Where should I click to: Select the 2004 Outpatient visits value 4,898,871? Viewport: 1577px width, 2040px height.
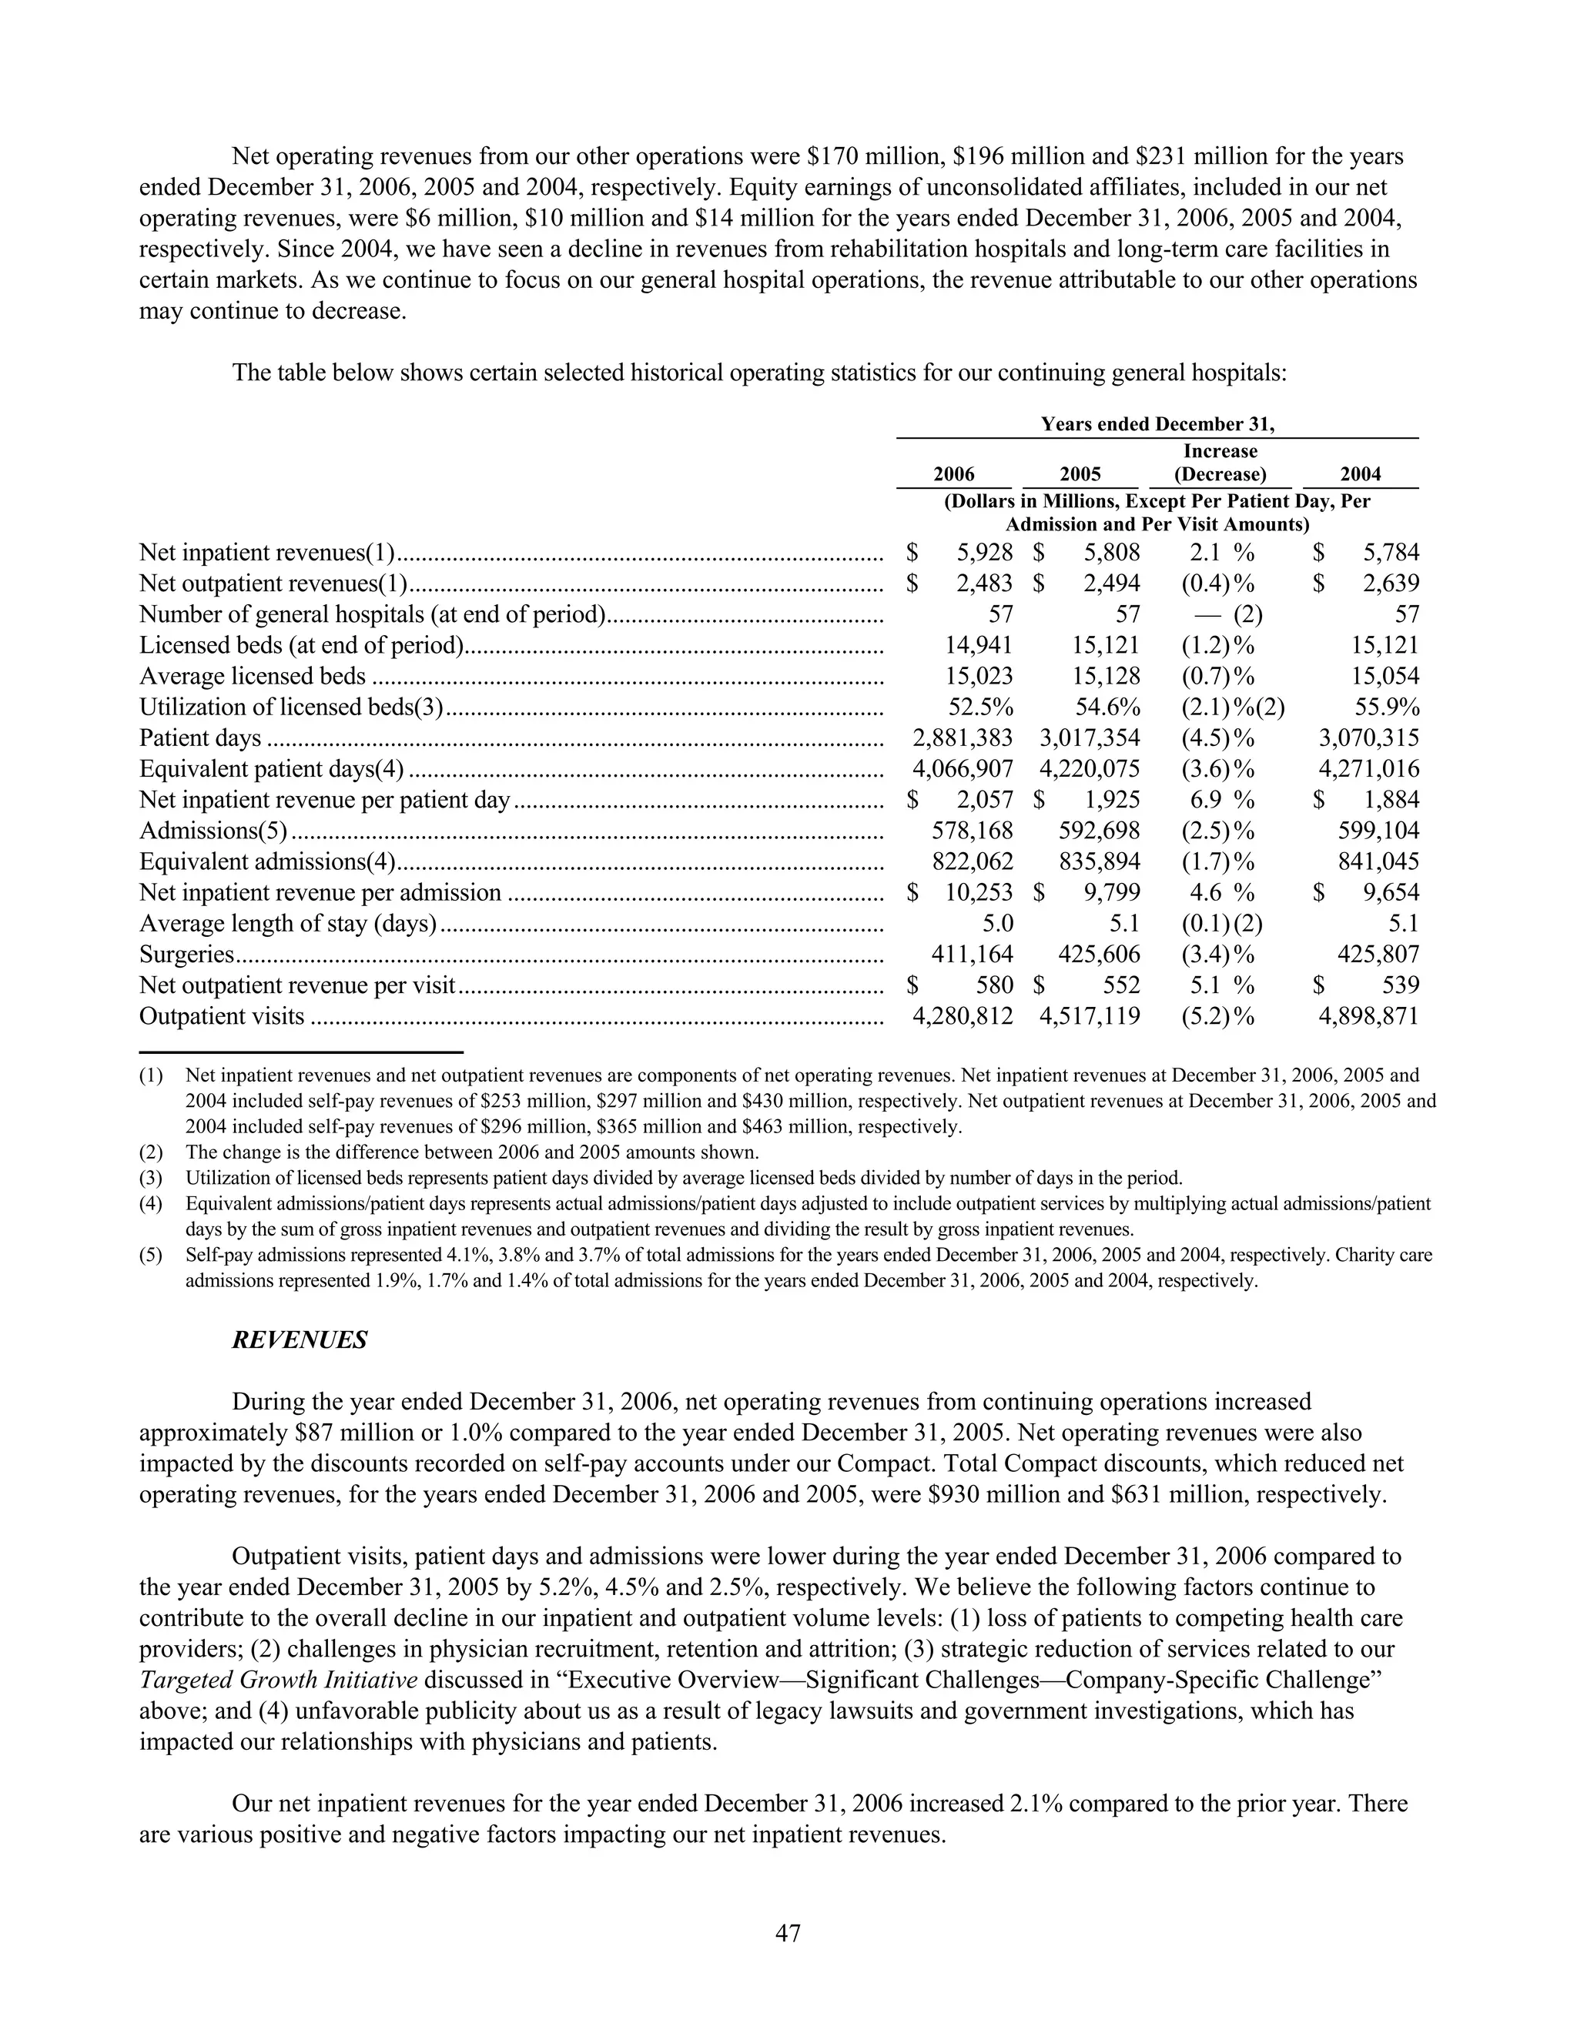[x=1368, y=1016]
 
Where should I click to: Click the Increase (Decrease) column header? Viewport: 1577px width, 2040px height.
[x=1220, y=463]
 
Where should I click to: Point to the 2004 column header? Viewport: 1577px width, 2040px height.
[x=1361, y=474]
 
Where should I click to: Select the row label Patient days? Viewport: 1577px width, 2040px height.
[x=200, y=739]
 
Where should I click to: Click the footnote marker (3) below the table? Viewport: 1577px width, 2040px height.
[x=150, y=1178]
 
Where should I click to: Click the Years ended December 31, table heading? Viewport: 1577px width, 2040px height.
[x=1157, y=425]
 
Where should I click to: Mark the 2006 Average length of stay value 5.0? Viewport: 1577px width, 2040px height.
[x=997, y=924]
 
